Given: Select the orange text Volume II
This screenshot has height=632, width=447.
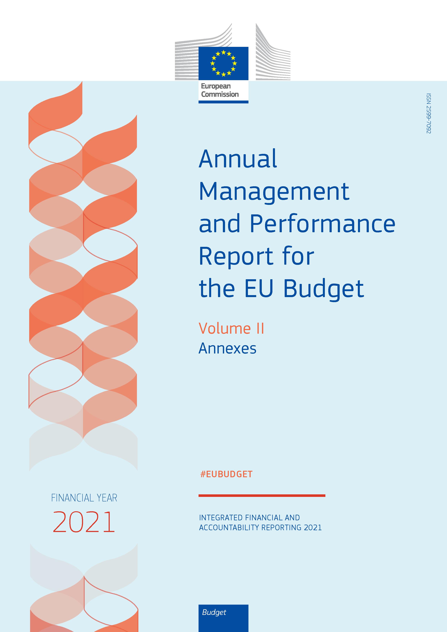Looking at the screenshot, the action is (231, 328).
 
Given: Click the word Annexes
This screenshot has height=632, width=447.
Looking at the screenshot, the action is (227, 348).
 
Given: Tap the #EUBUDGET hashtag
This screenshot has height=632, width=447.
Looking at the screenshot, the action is (226, 474).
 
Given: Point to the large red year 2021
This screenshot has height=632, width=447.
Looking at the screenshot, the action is (83, 522).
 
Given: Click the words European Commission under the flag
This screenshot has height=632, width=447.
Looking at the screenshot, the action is (220, 90).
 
